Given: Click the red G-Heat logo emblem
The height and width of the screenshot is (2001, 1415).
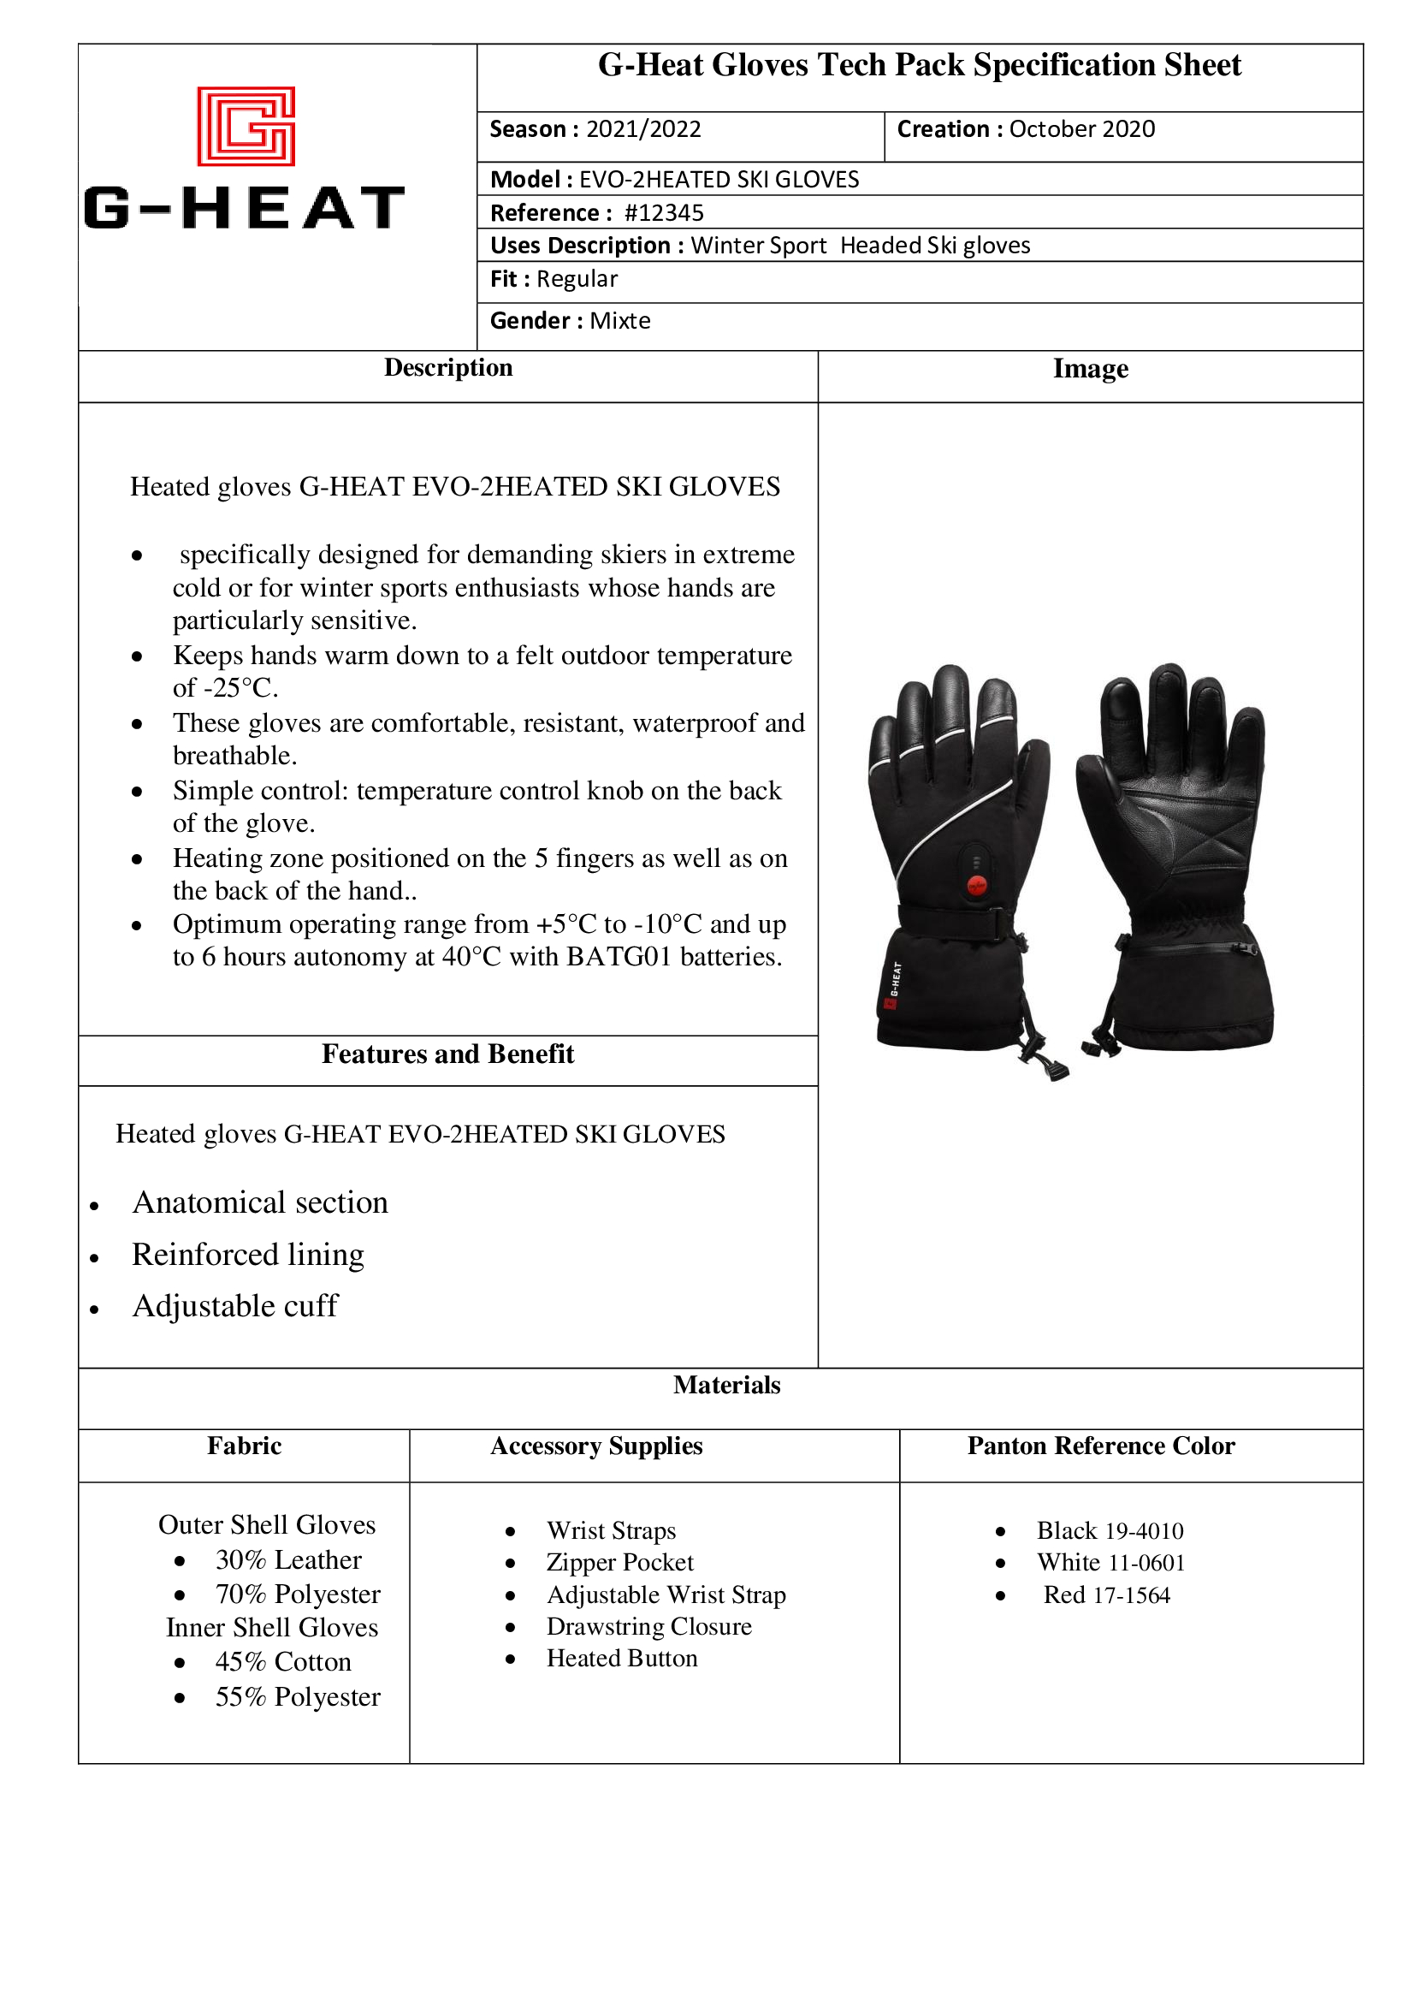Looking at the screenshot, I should [x=246, y=127].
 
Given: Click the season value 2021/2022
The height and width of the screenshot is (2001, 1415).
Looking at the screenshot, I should [x=643, y=130].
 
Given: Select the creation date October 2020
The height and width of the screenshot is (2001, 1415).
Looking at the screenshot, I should [x=1081, y=130].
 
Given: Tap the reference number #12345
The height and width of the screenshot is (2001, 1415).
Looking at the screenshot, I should [x=664, y=213].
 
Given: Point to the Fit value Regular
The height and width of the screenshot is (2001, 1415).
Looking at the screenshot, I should [x=577, y=280].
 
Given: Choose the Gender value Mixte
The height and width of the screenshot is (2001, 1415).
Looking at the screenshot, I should [x=619, y=322].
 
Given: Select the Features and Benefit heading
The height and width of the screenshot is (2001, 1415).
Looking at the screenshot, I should [x=447, y=1054].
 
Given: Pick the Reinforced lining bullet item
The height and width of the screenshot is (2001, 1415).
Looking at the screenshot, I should [x=248, y=1255].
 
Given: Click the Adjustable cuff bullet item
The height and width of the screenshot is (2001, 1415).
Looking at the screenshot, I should [x=235, y=1306].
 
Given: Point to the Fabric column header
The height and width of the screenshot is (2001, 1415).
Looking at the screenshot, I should [x=244, y=1446].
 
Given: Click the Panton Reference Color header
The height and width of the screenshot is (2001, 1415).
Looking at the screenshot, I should [x=1100, y=1446].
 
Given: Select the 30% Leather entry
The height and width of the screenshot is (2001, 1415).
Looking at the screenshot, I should [x=288, y=1560].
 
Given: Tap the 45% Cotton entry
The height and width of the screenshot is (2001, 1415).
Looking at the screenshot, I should [x=283, y=1662].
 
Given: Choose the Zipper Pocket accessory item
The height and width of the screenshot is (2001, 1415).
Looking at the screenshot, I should [x=619, y=1563].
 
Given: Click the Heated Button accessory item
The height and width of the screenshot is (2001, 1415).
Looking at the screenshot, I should [x=622, y=1659].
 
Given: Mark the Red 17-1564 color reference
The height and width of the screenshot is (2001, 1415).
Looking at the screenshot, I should [x=1106, y=1594].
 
